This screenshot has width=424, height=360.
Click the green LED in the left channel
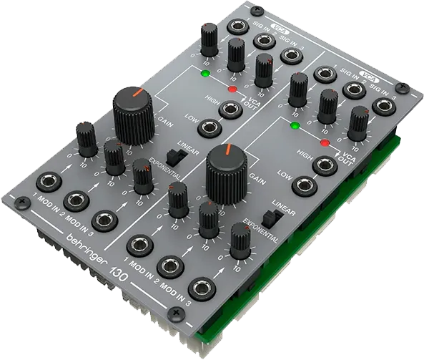(x=205, y=73)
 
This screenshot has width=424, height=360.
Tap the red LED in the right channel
(x=325, y=143)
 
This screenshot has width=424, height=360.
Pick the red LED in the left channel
(x=232, y=89)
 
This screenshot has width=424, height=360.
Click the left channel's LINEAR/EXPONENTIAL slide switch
(x=171, y=156)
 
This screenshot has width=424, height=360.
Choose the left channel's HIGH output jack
(x=229, y=109)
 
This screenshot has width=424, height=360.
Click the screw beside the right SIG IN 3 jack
(x=409, y=90)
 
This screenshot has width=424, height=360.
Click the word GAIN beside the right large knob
(x=257, y=184)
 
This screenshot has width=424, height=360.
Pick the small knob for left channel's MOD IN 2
(x=112, y=154)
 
